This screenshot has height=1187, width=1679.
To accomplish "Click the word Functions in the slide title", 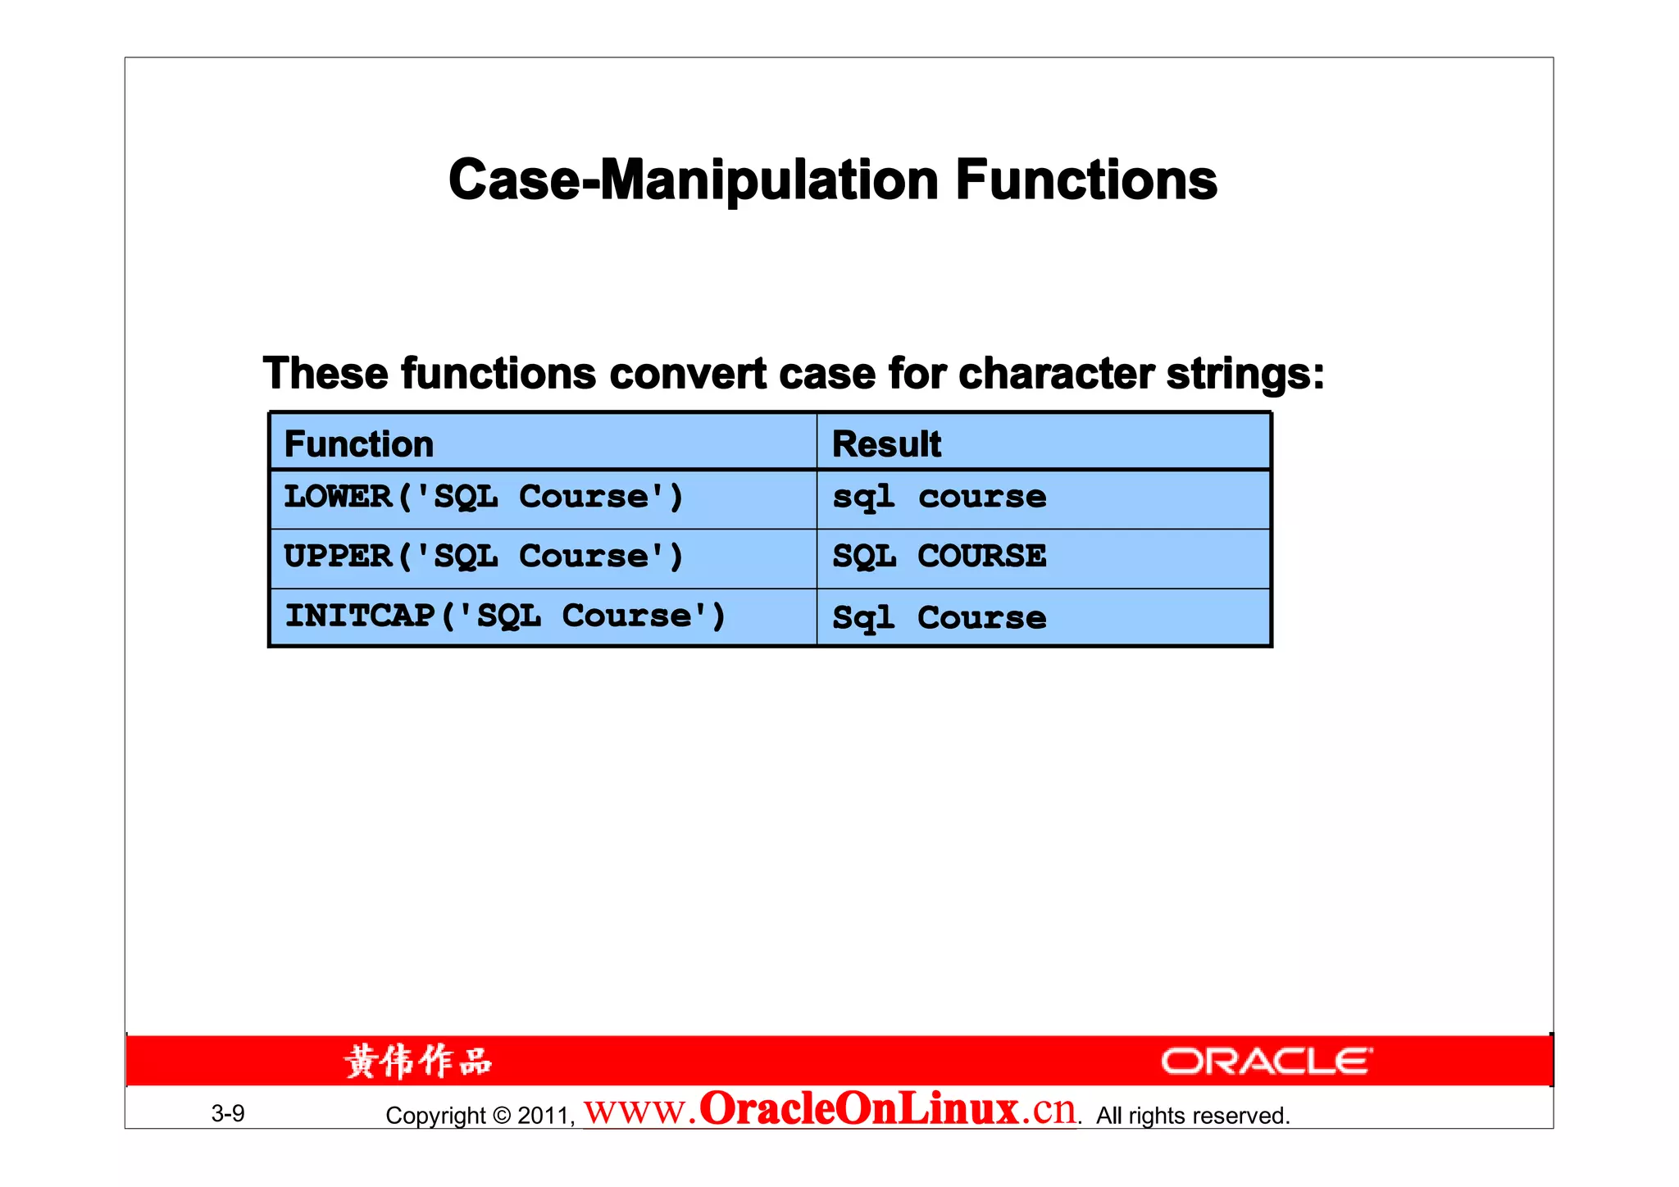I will (x=1086, y=180).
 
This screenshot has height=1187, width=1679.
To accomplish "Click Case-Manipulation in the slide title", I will (x=694, y=180).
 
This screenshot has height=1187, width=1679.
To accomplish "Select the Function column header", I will (x=359, y=444).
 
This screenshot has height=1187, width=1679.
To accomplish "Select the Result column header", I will (x=887, y=444).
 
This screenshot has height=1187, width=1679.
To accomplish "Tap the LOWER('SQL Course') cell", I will (x=484, y=498).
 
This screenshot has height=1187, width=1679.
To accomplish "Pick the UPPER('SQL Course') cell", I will (x=484, y=557).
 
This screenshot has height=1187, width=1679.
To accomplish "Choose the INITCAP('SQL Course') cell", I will (x=505, y=616).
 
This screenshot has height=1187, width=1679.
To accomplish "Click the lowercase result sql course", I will (x=940, y=498).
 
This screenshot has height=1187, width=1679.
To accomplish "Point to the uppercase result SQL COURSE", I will (x=940, y=557).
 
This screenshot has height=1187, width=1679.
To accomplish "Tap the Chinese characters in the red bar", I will (x=418, y=1062).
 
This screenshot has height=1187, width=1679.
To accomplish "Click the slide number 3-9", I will (x=228, y=1113).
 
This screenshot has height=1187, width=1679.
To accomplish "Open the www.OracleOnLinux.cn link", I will (x=830, y=1110).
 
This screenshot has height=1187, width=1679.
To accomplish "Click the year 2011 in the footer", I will (x=544, y=1116).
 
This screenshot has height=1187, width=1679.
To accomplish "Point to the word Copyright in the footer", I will (x=435, y=1116).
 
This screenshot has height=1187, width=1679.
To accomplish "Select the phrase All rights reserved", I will (x=1193, y=1116).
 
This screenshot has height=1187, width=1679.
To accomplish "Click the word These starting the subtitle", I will (x=325, y=375).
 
